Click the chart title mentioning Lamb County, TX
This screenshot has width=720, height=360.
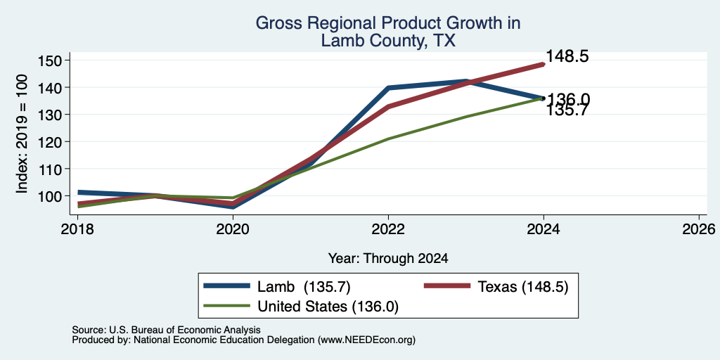[x=387, y=32]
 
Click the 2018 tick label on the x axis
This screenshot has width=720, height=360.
[x=77, y=229]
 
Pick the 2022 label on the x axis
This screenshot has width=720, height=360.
[x=388, y=229]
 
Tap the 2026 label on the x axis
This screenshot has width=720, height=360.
[x=699, y=229]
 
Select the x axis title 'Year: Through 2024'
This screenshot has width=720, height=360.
[x=388, y=259]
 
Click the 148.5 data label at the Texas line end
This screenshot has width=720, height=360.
[x=567, y=56]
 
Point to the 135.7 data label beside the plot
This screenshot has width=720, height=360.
[x=567, y=110]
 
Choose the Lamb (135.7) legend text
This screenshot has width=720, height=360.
[x=304, y=287]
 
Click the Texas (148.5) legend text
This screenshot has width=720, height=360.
[x=523, y=287]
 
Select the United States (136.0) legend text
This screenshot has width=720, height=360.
[x=328, y=307]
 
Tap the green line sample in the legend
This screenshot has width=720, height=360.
[x=227, y=306]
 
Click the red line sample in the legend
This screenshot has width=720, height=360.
[x=447, y=287]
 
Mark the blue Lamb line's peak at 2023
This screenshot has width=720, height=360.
[x=466, y=81]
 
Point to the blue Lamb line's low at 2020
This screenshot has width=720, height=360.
[x=233, y=207]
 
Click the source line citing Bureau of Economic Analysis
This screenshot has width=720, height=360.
[x=166, y=330]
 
